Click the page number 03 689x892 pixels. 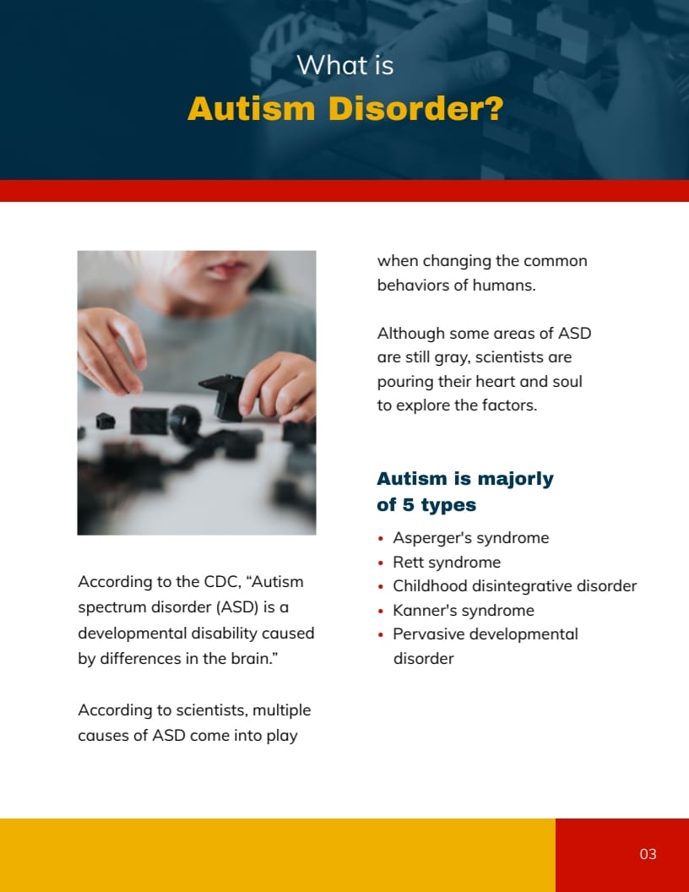pos(648,854)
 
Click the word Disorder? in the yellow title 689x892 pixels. pos(416,109)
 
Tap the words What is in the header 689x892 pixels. pos(345,65)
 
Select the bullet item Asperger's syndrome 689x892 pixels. pos(470,537)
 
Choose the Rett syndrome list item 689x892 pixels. pos(447,562)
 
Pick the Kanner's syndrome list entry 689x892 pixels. pos(464,611)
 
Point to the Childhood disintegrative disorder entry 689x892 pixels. pos(514,586)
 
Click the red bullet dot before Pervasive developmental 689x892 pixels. pos(381,635)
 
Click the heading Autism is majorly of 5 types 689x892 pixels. pos(465,492)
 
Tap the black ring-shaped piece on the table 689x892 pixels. pos(185,422)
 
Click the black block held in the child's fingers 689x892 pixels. pos(223,396)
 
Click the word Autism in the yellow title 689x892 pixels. pos(252,109)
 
